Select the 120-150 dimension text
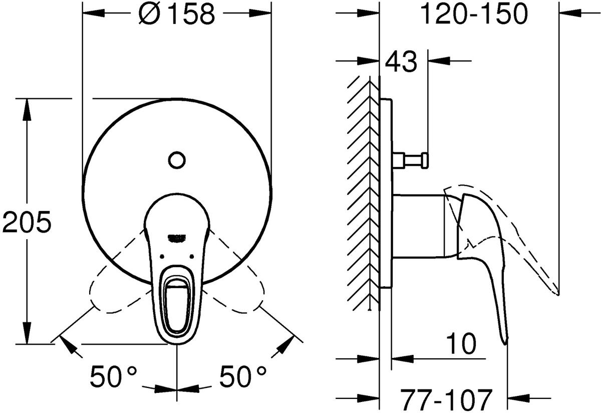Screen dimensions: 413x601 pyautogui.click(x=474, y=15)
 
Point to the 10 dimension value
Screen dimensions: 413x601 pyautogui.click(x=459, y=346)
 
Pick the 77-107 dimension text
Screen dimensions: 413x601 pyautogui.click(x=445, y=399)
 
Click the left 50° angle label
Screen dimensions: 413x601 pyautogui.click(x=113, y=375)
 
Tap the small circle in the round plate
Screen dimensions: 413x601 pyautogui.click(x=177, y=161)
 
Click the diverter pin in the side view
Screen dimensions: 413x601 pyautogui.click(x=411, y=160)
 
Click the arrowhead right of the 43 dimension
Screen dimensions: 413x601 pyautogui.click(x=436, y=61)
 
